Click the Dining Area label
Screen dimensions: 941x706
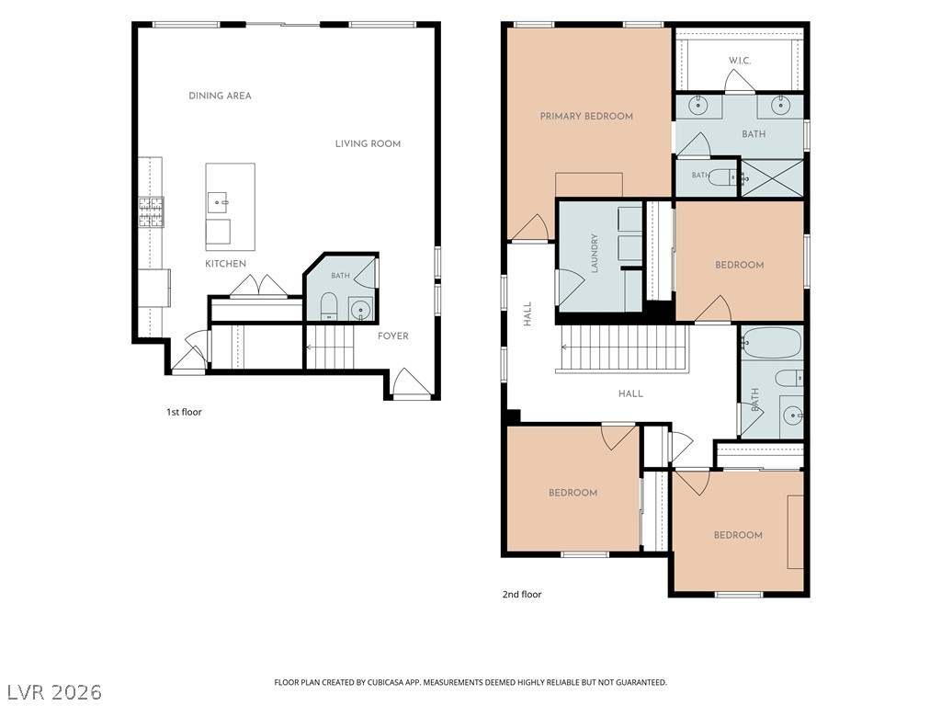click(220, 96)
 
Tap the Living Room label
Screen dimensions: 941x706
click(368, 143)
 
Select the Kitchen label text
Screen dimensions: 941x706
click(226, 264)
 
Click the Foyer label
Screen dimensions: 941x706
click(393, 336)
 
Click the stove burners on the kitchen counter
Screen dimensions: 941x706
click(152, 212)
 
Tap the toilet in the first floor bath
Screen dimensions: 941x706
click(328, 306)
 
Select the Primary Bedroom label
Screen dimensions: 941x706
click(586, 116)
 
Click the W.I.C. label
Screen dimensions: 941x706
click(740, 61)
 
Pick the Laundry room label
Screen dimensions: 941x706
click(595, 254)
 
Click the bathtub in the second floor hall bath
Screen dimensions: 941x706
click(771, 343)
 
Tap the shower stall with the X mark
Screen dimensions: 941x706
click(772, 177)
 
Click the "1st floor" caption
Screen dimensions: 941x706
click(184, 412)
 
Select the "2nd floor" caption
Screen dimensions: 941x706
click(522, 595)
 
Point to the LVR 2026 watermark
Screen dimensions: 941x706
click(51, 691)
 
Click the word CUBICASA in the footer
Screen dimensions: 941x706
click(389, 683)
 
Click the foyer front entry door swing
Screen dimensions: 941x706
click(410, 383)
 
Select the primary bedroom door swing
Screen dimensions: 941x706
click(530, 228)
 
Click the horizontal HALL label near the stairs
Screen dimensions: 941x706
click(630, 393)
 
